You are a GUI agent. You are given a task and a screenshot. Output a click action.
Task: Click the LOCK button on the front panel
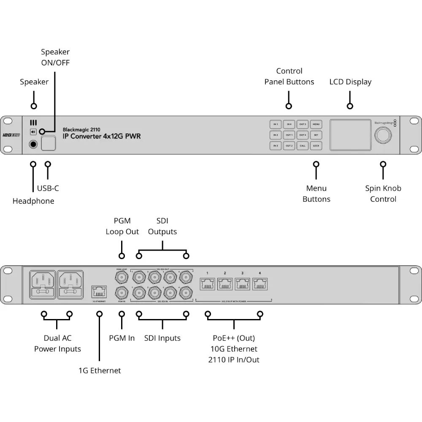coord(316,146)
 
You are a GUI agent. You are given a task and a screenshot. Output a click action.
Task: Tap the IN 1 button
coord(275,124)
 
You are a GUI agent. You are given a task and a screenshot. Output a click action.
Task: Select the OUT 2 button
coord(289,146)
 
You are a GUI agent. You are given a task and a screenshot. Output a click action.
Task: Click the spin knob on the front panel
coord(383,135)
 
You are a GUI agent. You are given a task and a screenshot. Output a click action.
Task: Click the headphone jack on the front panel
coord(33,145)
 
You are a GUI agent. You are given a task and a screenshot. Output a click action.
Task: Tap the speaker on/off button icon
coord(33,132)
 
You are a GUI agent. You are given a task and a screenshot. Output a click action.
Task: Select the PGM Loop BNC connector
coord(122,277)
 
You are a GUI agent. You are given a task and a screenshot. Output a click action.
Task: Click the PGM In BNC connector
coord(122,292)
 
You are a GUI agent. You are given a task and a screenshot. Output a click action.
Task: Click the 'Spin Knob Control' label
coord(383,194)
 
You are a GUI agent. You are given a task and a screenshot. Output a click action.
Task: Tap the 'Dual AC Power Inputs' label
coord(57,344)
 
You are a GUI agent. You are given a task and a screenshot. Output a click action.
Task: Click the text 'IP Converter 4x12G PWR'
coord(102,136)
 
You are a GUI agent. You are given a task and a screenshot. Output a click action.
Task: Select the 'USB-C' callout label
coord(48,188)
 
